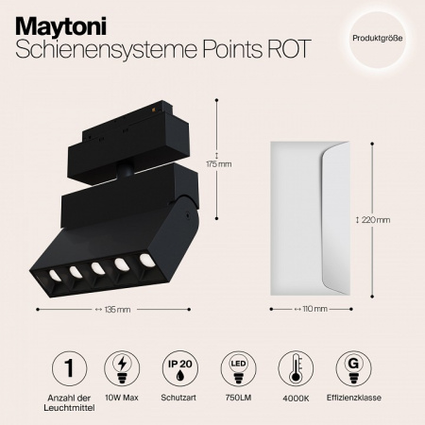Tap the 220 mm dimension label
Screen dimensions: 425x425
pos(375,220)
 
